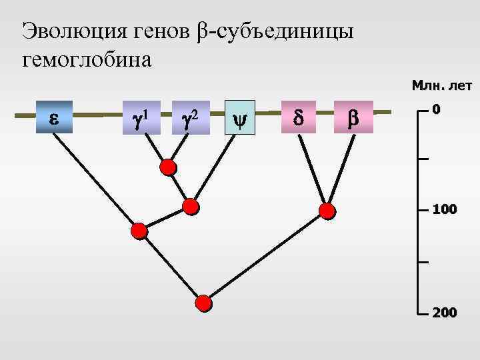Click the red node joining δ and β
click(327, 211)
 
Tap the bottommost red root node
click(204, 304)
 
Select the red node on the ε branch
click(139, 231)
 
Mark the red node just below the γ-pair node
click(191, 206)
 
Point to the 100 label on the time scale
click(444, 209)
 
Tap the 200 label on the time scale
click(444, 311)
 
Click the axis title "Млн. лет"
click(441, 85)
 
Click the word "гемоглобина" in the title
click(87, 60)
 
